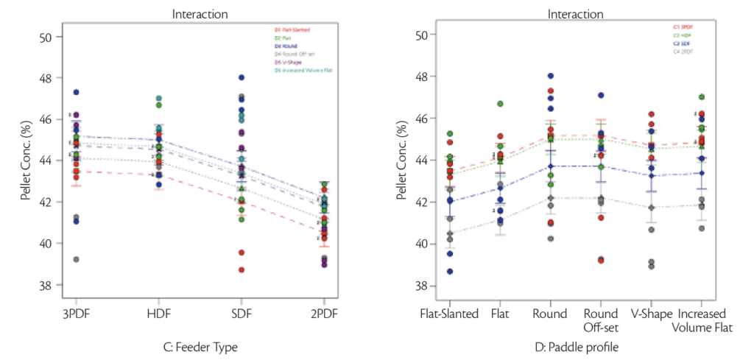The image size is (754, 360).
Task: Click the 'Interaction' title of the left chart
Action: point(200,14)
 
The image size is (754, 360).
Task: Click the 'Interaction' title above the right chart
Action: point(576,14)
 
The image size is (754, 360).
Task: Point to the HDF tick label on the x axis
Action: point(158,313)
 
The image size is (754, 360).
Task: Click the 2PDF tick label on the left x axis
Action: point(323,313)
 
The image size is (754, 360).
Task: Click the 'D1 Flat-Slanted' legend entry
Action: point(293,30)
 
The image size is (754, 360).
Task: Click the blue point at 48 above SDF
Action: point(241,77)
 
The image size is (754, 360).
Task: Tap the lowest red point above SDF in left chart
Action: point(241,269)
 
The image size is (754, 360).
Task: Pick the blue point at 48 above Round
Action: point(550,76)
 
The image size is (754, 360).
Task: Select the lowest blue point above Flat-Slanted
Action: point(449,272)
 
